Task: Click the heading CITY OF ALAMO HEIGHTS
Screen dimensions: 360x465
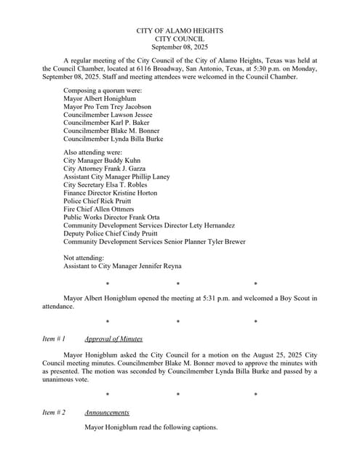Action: click(180, 31)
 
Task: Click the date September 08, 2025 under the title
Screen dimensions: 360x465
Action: click(180, 46)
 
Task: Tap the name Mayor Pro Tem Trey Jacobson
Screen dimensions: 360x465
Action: click(108, 106)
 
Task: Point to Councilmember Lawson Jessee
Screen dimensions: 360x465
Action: click(108, 115)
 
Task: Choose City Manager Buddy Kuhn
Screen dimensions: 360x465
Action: click(103, 160)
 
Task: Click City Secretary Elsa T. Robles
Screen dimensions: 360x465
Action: click(105, 185)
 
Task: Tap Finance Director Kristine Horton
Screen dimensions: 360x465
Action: click(110, 193)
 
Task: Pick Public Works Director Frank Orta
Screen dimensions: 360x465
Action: click(112, 217)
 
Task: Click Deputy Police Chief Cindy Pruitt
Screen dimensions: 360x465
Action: click(116, 233)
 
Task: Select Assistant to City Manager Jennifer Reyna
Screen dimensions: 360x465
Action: click(122, 267)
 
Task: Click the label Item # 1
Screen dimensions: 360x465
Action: click(54, 339)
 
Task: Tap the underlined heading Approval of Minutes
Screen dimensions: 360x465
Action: click(113, 339)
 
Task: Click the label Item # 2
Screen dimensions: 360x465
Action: click(54, 412)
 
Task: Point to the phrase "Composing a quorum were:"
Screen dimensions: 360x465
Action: click(102, 90)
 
